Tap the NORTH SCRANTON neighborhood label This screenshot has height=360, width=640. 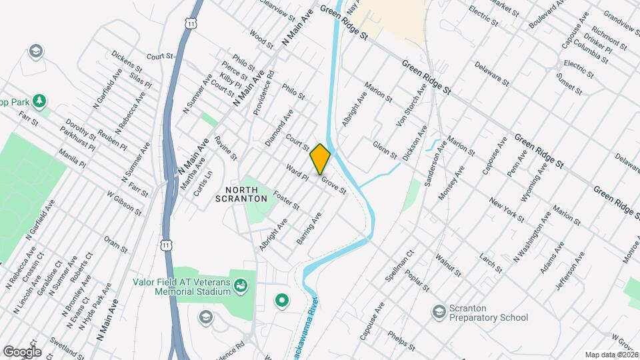pos(241,193)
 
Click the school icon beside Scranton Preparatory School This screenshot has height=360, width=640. pos(439,311)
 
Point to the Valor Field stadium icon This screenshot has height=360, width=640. pos(243,286)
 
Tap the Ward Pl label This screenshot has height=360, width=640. pos(296,173)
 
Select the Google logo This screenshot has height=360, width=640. pos(22,352)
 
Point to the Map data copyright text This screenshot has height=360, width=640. pos(611,355)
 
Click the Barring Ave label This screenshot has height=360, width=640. pos(310,227)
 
